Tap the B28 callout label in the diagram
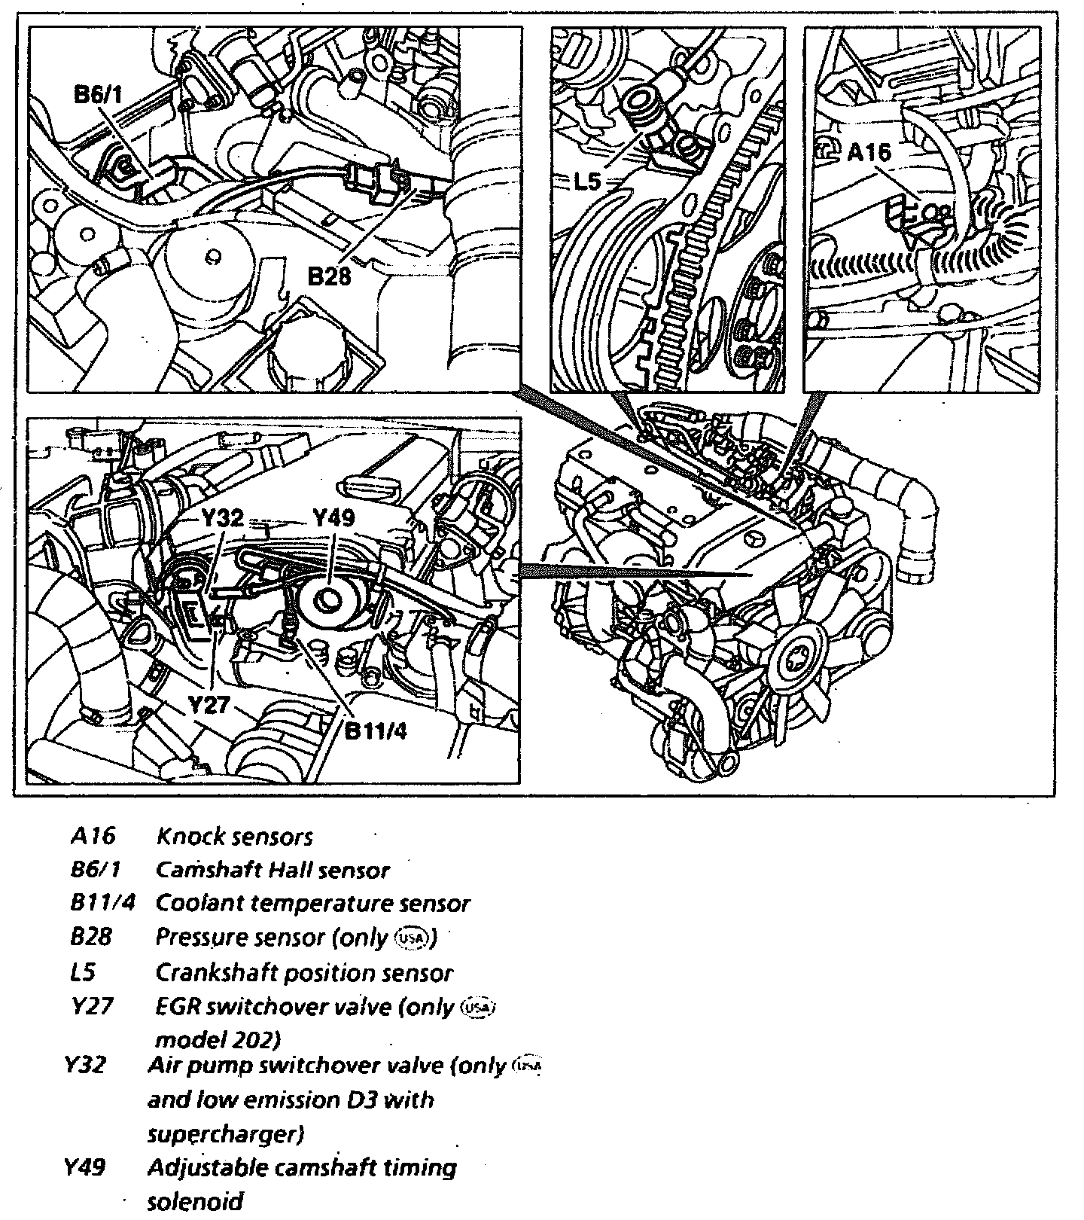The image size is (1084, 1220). (330, 276)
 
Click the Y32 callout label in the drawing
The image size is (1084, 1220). (222, 518)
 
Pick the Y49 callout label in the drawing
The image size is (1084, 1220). (333, 518)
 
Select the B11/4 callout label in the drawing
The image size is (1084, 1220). (375, 730)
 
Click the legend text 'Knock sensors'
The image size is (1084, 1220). (234, 836)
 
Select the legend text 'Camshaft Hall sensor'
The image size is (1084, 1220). (273, 870)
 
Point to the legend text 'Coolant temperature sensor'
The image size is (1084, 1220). (312, 903)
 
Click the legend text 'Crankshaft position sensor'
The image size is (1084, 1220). (304, 972)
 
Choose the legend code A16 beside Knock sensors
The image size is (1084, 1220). (93, 836)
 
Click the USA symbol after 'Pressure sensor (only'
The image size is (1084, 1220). (413, 938)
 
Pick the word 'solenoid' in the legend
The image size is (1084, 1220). (195, 1201)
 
